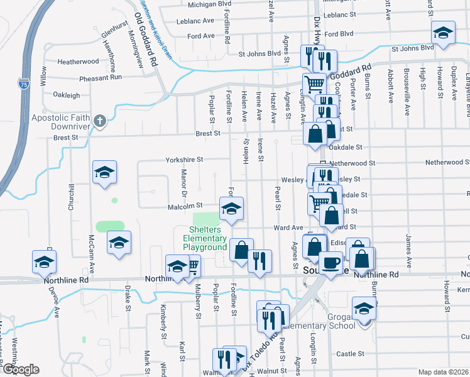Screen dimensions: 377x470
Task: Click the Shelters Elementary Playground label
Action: tap(204, 238)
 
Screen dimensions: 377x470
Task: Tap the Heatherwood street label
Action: tap(78, 62)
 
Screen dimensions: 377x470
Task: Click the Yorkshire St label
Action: tap(184, 160)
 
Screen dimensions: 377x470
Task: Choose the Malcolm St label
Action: tap(185, 205)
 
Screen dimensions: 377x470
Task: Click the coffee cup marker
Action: tap(331, 263)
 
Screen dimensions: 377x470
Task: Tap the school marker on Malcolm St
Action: tap(231, 208)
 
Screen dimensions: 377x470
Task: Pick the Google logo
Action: tap(21, 369)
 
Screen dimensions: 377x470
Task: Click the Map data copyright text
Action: tap(444, 372)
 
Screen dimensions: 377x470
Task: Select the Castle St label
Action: tap(351, 354)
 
